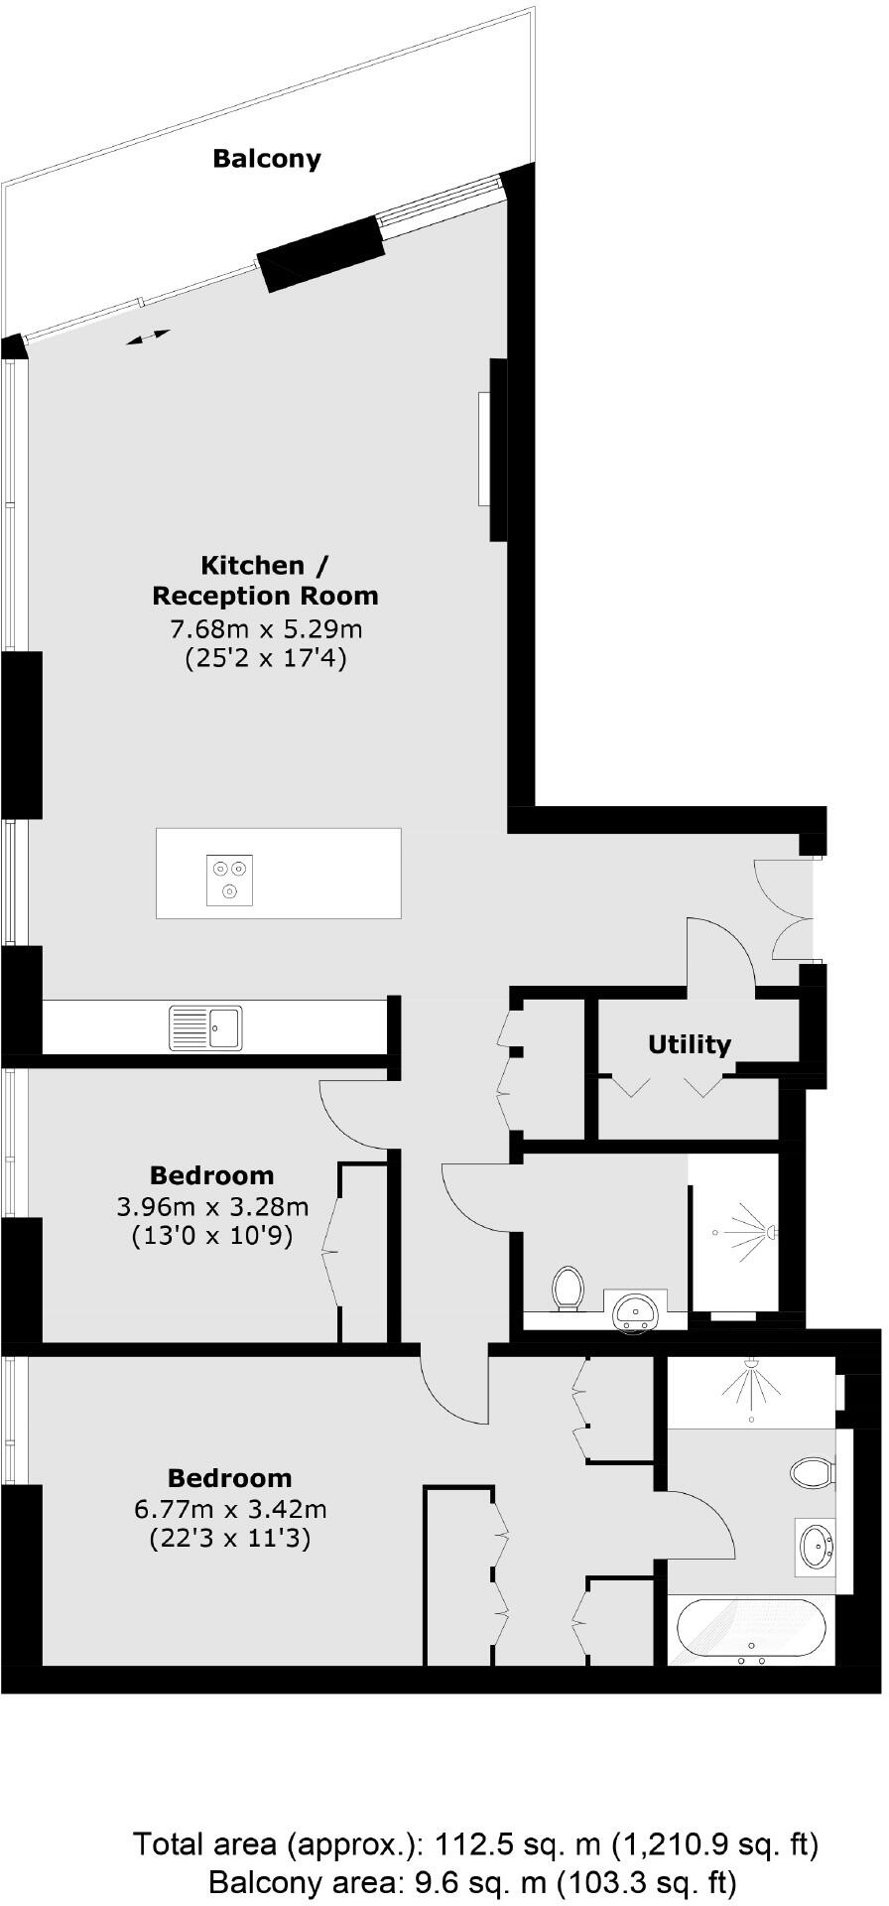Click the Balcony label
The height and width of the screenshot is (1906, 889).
coord(267,159)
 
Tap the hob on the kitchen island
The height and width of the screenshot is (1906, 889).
coord(229,881)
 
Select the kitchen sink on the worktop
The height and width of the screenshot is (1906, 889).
coord(205,1027)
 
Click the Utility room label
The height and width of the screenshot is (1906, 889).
coord(689,1044)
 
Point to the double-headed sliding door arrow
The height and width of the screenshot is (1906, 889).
coord(148,338)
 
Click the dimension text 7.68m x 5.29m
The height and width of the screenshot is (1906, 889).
coord(266,628)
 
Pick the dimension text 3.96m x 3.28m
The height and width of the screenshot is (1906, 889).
coord(212,1207)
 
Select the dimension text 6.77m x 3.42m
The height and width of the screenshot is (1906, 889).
coord(229,1510)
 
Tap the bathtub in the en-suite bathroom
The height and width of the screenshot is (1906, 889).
coord(751,1631)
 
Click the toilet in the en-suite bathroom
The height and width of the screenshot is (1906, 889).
coord(812,1472)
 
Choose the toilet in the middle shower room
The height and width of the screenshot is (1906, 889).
coord(568,1288)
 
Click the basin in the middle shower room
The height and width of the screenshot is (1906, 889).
coord(635,1312)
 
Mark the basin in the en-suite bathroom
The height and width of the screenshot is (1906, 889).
coord(817,1547)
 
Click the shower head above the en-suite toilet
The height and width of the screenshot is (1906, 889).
coord(752,1364)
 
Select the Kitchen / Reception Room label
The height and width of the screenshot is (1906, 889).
coord(265,581)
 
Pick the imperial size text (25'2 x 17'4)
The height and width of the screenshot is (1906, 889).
coord(266,658)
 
